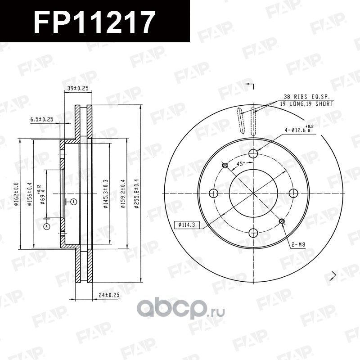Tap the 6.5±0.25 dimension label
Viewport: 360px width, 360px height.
(x=42, y=119)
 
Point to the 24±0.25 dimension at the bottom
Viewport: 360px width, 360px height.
(x=109, y=295)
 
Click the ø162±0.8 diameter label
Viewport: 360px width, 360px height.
(x=16, y=193)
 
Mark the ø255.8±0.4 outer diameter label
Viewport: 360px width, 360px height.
(x=135, y=194)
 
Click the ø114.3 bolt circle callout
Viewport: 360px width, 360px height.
(x=186, y=223)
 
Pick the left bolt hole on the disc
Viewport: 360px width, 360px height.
(x=214, y=193)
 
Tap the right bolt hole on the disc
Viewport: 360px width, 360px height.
(x=293, y=193)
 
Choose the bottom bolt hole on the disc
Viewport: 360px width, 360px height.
(x=253, y=232)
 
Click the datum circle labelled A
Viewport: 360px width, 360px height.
(x=46, y=227)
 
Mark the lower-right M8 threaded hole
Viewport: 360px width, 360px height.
(x=282, y=221)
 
